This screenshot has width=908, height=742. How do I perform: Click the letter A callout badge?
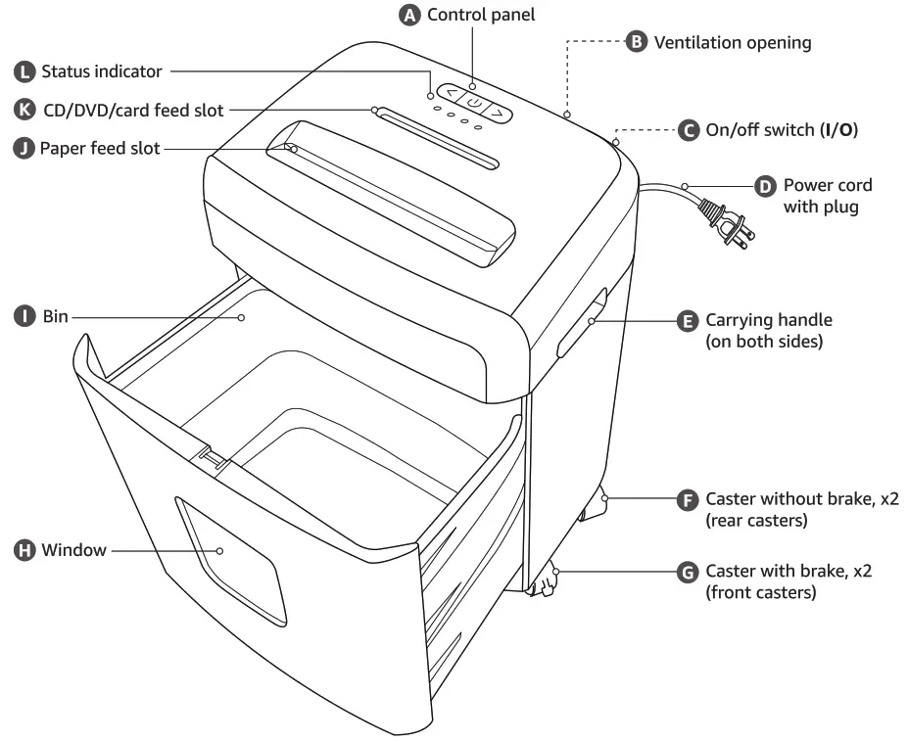[x=409, y=15]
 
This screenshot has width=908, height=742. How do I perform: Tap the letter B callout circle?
[x=637, y=42]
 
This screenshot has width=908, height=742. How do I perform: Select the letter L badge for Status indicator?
[x=24, y=71]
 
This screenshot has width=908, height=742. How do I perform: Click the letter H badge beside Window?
[x=24, y=550]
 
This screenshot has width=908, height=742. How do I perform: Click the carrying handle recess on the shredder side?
[x=582, y=323]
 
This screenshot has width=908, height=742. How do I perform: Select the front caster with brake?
[x=543, y=582]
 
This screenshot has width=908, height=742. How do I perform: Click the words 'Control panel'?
[x=481, y=15]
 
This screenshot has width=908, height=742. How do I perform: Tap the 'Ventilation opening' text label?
[x=733, y=42]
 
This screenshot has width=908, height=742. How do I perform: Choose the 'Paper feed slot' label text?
[x=100, y=149]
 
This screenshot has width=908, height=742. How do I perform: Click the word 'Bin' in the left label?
[x=55, y=316]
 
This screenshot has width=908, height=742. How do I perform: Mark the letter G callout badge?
[x=689, y=572]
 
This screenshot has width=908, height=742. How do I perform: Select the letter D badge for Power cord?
[x=765, y=185]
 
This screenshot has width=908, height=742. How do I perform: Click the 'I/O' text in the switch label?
[x=840, y=129]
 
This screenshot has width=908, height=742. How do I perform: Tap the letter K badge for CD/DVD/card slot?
[x=24, y=110]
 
